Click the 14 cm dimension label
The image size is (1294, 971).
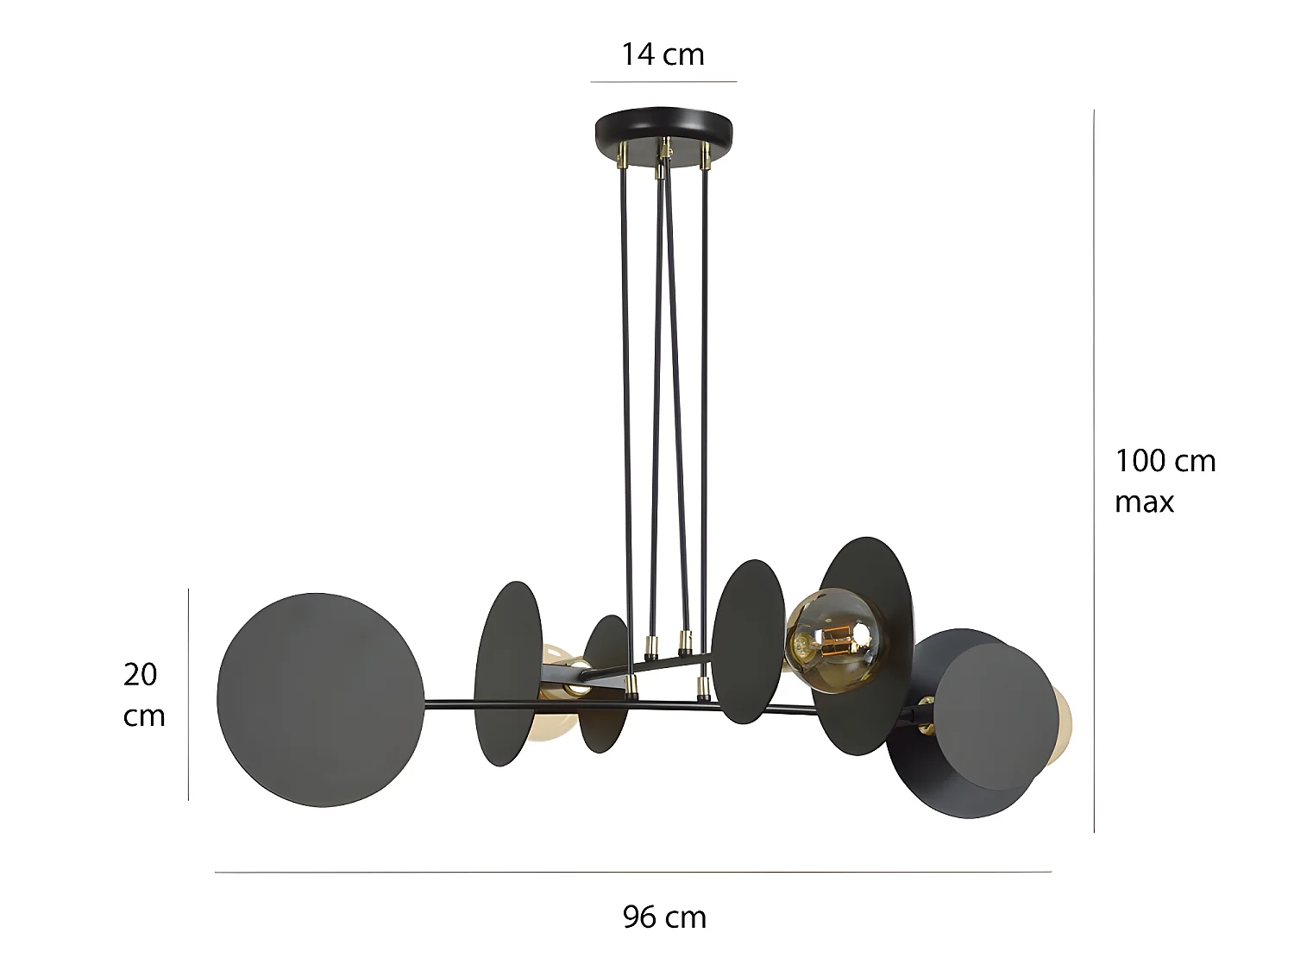pos(663,54)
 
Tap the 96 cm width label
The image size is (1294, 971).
pos(664,917)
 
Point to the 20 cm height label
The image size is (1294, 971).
pos(143,695)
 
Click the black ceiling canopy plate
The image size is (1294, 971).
pos(663,129)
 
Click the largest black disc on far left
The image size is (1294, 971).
pos(320,700)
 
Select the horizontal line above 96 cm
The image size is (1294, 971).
pos(632,872)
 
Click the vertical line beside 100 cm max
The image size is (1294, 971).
pos(1095,470)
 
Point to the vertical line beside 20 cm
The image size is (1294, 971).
pos(188,695)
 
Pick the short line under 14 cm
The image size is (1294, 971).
pos(663,82)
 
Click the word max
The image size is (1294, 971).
pos(1144,502)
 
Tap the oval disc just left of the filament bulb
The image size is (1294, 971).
pos(748,641)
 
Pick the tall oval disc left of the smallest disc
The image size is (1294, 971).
pos(508,673)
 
